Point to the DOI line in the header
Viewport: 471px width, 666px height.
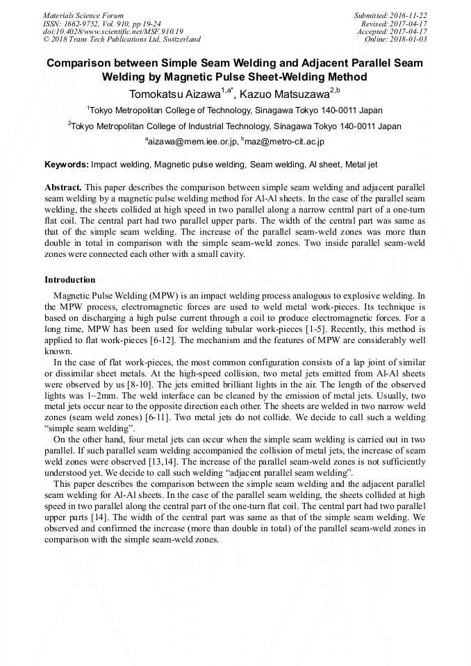tap(113, 31)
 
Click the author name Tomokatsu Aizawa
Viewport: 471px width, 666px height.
tap(174, 92)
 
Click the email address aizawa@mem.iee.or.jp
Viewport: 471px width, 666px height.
tap(192, 141)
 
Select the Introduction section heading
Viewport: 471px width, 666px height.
tap(70, 280)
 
